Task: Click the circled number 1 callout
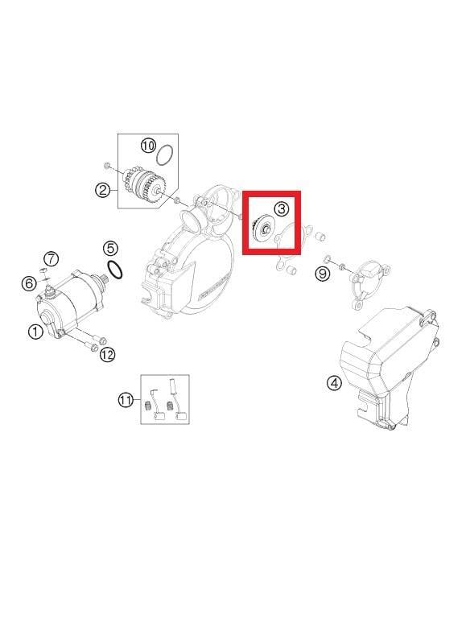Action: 35,331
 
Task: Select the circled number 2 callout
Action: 102,190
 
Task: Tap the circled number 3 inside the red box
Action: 281,209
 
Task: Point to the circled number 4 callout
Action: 334,383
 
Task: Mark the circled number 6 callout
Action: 28,283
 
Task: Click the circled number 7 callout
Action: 51,258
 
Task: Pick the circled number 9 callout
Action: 322,274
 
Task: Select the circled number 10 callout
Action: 148,146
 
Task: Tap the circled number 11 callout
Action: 126,400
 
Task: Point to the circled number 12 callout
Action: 107,354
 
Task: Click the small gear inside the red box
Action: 262,231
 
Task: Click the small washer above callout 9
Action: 328,258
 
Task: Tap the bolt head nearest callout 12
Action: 93,347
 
